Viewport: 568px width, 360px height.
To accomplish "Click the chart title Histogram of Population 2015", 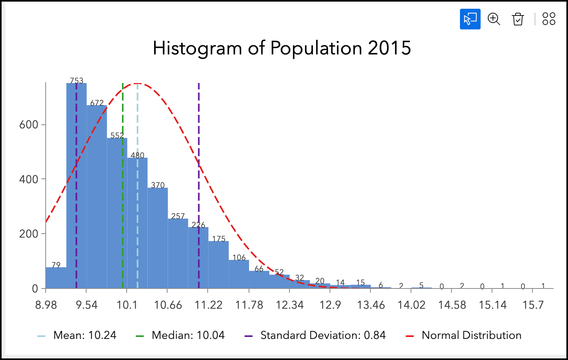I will tap(282, 48).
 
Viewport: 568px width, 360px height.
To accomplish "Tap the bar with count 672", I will tap(97, 199).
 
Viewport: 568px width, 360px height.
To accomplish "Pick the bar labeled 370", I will tap(158, 238).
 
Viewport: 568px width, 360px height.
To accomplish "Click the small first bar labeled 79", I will tap(56, 278).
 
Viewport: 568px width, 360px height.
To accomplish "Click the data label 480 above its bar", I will tap(137, 155).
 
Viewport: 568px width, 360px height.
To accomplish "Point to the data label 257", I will tap(178, 216).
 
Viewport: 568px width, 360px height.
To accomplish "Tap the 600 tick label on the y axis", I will tap(29, 125).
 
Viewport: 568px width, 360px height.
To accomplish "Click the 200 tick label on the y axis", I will tap(29, 234).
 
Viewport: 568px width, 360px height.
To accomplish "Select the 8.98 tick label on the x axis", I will tap(46, 305).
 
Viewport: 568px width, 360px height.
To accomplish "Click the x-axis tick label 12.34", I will tap(290, 305).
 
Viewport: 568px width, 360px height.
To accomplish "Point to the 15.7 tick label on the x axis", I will tap(533, 305).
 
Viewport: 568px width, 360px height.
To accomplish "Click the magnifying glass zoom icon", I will tap(494, 19).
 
